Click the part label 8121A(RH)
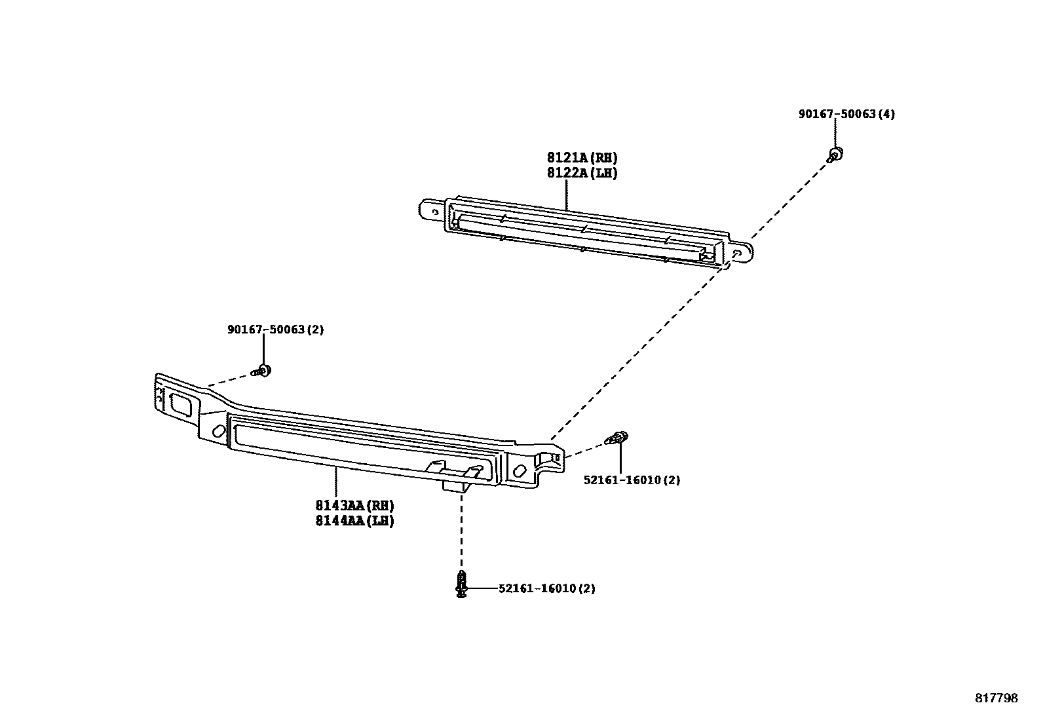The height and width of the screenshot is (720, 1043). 582,158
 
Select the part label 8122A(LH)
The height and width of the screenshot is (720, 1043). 582,174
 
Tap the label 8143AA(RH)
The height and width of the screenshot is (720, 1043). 354,506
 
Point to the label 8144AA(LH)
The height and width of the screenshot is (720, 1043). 354,521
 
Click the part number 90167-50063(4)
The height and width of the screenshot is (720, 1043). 846,114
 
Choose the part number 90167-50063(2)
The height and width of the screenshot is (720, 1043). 275,330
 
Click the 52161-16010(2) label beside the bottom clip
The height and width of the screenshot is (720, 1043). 546,588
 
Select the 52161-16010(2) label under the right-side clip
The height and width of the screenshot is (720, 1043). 632,480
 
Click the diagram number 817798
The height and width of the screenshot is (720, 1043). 996,698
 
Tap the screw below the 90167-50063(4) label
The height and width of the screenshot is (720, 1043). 835,155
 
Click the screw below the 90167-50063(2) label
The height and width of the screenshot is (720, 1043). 263,371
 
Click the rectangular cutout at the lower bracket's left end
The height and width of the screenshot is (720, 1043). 180,403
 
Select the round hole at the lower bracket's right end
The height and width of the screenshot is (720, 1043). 520,470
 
